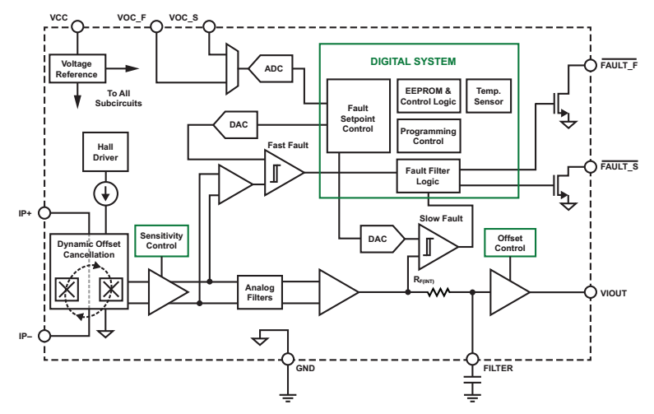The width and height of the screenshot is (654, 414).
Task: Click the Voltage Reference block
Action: coord(76,69)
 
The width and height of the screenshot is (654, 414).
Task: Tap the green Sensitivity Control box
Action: coord(160,241)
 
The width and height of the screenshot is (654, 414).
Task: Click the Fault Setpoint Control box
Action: coord(358,115)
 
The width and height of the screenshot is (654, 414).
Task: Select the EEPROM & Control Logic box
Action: coord(427,96)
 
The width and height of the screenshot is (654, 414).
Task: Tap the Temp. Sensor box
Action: coord(488,96)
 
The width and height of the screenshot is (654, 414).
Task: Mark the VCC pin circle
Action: coord(77,27)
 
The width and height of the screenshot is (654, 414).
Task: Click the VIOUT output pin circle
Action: coord(591,292)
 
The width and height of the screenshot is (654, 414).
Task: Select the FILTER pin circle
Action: coord(473,359)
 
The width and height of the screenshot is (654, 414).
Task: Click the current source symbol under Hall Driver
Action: coord(104,194)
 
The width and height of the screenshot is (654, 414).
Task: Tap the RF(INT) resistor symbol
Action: coord(438,292)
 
